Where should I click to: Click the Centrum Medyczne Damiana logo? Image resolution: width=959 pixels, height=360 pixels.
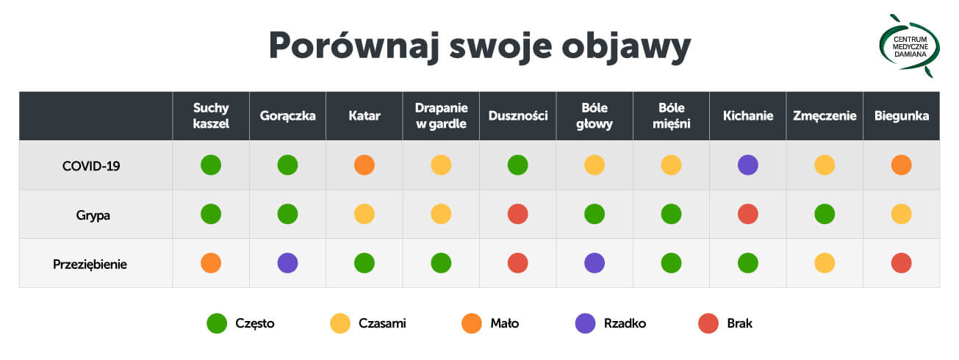coord(910,46)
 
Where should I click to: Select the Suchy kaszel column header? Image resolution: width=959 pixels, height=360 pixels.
coord(211,116)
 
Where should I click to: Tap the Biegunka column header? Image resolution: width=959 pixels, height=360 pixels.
coord(901,116)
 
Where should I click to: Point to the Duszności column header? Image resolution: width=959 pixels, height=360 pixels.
coord(517,116)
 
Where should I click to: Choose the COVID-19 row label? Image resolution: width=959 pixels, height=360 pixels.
coord(91,166)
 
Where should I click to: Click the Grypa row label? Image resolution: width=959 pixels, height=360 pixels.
coord(91,215)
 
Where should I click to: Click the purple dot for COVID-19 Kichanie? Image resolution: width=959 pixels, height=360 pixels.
coord(747,165)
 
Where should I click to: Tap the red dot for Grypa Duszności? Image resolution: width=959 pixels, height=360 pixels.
coord(517,214)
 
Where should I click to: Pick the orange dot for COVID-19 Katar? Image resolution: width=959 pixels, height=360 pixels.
coord(364,165)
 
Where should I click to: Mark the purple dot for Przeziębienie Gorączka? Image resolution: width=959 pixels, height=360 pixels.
coord(287,262)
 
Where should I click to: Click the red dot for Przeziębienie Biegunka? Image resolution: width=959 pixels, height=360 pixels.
coord(901,262)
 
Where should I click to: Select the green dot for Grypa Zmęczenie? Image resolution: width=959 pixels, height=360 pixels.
coord(825,214)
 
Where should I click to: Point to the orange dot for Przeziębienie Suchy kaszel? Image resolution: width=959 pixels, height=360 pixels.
coord(211,262)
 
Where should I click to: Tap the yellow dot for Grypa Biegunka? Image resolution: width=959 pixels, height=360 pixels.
coord(901,214)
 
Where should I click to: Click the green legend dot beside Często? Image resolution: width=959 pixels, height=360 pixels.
coord(217,323)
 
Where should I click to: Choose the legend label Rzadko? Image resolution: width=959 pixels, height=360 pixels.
coord(625,323)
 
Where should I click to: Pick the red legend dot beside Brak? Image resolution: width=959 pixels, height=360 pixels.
coord(708,323)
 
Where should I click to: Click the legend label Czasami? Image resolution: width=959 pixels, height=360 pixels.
coord(382,323)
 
